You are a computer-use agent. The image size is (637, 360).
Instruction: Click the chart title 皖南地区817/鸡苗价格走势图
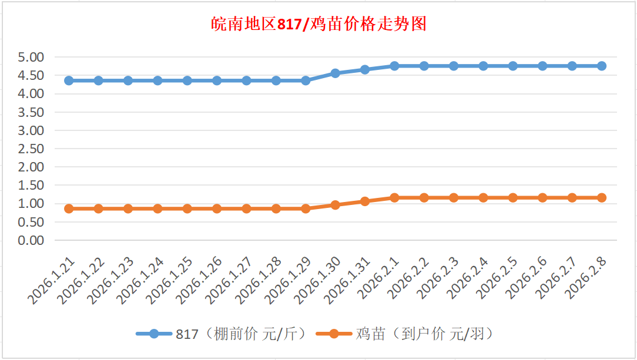(x=318, y=24)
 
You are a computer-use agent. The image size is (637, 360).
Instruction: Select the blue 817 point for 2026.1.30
(x=335, y=73)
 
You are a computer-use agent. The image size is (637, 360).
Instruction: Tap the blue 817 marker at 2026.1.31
(x=365, y=69)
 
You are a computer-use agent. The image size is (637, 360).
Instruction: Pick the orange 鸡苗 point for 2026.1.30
(x=335, y=205)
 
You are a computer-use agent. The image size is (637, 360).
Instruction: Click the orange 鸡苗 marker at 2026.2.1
(x=394, y=198)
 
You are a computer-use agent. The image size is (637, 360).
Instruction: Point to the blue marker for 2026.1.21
(x=69, y=80)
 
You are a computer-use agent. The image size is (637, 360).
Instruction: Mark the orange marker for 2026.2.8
(x=602, y=198)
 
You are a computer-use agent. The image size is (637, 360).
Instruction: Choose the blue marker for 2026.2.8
(x=602, y=66)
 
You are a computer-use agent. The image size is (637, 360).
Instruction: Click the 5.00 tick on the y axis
(x=31, y=58)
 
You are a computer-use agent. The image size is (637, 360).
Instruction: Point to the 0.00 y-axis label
(x=31, y=240)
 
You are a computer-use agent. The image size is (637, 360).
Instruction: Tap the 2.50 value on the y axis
(x=31, y=149)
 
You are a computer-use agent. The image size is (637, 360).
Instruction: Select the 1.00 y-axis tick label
(x=31, y=204)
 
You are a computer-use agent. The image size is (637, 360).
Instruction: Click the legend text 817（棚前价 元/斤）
(x=241, y=334)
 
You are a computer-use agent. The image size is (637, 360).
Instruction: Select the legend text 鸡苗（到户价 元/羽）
(x=423, y=334)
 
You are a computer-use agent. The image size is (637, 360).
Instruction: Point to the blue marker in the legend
(x=154, y=334)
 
